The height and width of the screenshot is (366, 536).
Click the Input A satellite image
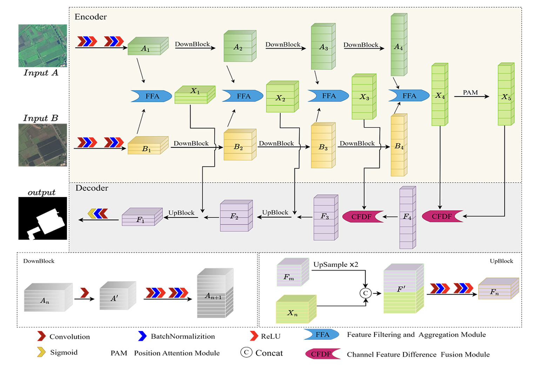click(42, 46)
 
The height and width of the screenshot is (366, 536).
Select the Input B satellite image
click(42, 145)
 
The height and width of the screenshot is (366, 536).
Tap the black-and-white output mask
click(42, 218)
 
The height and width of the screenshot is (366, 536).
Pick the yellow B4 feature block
click(399, 145)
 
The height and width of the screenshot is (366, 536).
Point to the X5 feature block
click(506, 95)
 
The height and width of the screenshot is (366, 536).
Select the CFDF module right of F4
click(442, 216)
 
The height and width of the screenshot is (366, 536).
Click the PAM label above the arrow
click(470, 93)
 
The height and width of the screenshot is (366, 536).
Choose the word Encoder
click(91, 17)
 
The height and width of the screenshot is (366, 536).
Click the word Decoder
click(92, 188)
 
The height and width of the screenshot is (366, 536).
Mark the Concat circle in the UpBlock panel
click(366, 293)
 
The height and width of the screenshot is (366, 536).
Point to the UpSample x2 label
click(336, 265)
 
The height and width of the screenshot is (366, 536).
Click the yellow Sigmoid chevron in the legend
click(41, 352)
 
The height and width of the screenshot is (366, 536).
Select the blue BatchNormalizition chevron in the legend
click(142, 336)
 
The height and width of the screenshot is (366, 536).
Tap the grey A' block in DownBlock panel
click(117, 297)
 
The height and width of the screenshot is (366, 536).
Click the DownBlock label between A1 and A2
click(192, 44)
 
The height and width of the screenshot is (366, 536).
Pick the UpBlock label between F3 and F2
click(275, 212)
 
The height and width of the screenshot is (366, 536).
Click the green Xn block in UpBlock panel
click(296, 309)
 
